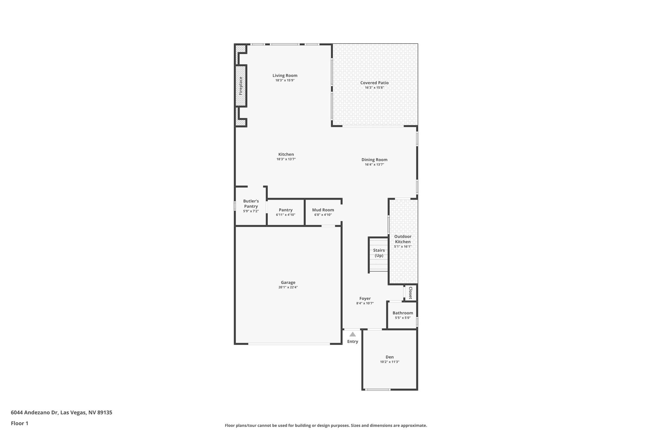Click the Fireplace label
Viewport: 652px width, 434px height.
click(241, 86)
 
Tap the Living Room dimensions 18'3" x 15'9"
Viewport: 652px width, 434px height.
click(285, 80)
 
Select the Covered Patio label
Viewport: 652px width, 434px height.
click(374, 83)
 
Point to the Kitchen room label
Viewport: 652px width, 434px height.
click(286, 155)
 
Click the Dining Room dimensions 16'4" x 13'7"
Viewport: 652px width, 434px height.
click(374, 165)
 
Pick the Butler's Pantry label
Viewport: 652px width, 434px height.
click(251, 204)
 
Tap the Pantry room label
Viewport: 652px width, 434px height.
click(286, 210)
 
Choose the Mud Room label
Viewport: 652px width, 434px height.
click(323, 210)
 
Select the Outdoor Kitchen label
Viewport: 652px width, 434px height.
click(403, 239)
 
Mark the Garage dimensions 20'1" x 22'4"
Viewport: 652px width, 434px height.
click(288, 287)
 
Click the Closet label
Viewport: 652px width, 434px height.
click(410, 293)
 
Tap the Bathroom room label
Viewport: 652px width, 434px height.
click(403, 313)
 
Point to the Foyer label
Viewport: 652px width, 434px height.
click(365, 299)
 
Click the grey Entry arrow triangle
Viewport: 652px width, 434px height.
click(352, 334)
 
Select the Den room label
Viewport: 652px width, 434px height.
click(389, 357)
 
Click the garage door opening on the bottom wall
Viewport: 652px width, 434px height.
click(289, 344)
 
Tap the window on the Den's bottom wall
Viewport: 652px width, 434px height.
click(378, 389)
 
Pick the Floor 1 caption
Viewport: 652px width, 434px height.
click(19, 423)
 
